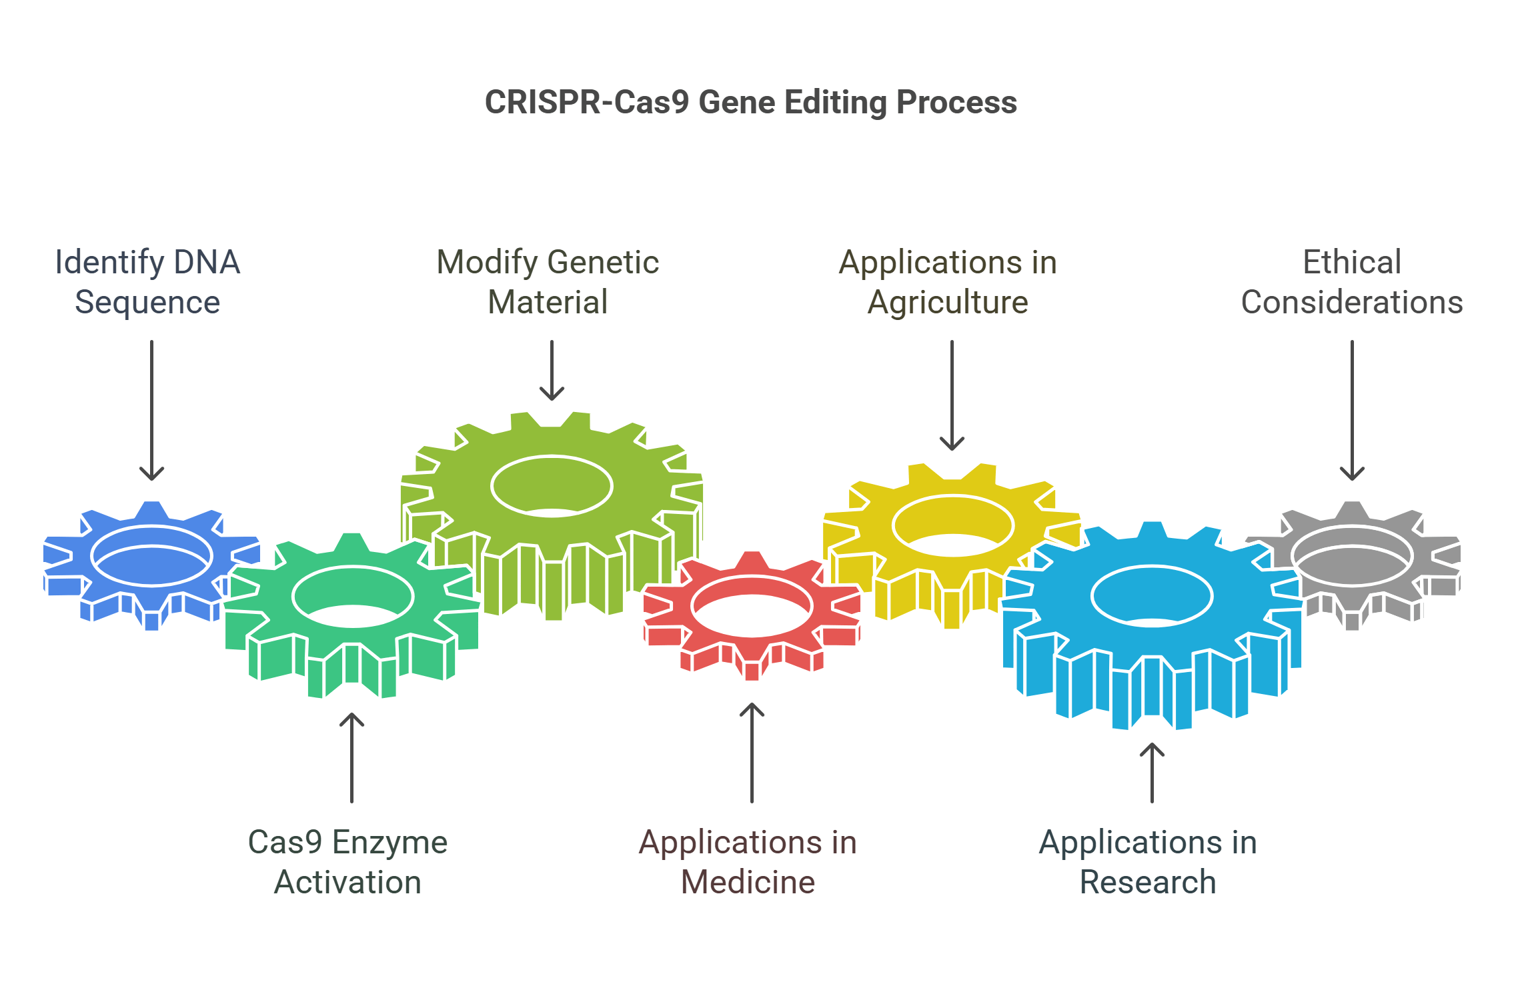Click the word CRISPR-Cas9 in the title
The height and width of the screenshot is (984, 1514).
pyautogui.click(x=586, y=103)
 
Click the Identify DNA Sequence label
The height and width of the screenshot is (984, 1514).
pyautogui.click(x=147, y=281)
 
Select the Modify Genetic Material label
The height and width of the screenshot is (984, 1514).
pyautogui.click(x=548, y=281)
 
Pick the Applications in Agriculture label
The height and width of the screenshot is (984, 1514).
pyautogui.click(x=948, y=281)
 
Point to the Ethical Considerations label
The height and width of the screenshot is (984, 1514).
pyautogui.click(x=1352, y=281)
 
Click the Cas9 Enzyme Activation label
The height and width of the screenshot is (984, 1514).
pyautogui.click(x=347, y=861)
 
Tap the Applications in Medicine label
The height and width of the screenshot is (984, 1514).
pyautogui.click(x=748, y=861)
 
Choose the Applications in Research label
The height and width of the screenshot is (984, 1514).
pyautogui.click(x=1148, y=861)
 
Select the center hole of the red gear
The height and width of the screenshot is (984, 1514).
pyautogui.click(x=752, y=607)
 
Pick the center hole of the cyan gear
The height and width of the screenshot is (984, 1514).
pyautogui.click(x=1152, y=596)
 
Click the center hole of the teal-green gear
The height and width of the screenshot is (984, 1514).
pyautogui.click(x=352, y=596)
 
